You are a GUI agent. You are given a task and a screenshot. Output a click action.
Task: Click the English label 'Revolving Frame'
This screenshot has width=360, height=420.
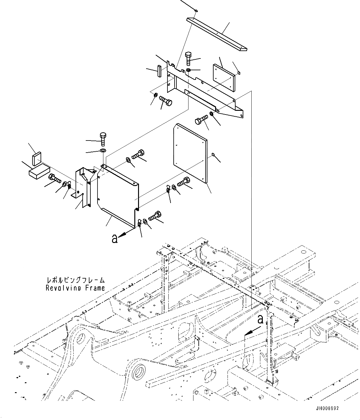[75, 288]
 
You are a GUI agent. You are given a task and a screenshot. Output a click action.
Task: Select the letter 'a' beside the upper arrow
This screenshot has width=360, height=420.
[115, 239]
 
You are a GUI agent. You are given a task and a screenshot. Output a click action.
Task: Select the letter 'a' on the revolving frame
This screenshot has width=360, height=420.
[261, 319]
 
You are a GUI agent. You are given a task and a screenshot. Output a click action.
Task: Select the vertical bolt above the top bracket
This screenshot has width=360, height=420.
[189, 58]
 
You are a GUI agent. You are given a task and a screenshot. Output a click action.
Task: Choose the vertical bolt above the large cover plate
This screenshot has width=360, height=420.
[103, 139]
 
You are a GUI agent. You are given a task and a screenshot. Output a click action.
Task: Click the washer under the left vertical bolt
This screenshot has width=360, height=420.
[103, 151]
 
